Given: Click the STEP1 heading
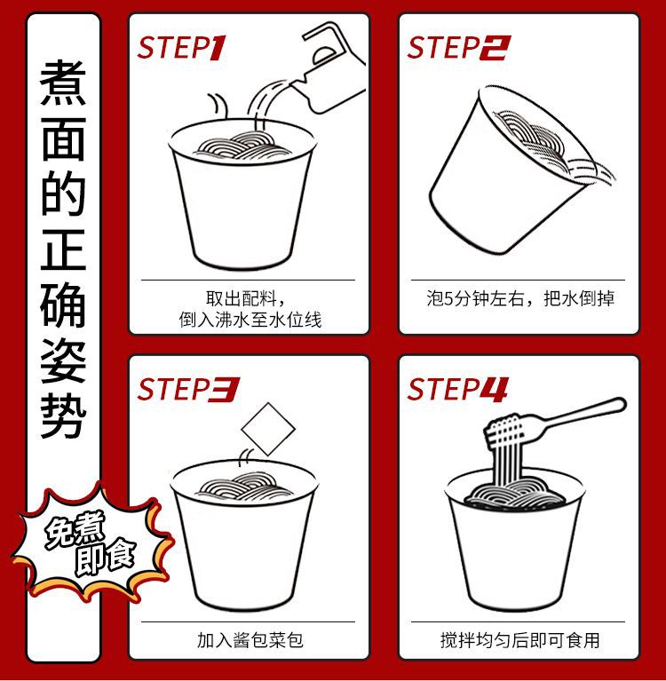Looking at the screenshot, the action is click(x=181, y=48).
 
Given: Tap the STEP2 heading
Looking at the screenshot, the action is click(x=459, y=48).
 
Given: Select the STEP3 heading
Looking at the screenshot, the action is click(x=188, y=389).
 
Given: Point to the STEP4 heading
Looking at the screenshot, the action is click(x=457, y=389).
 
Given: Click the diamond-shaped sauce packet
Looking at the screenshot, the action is click(x=268, y=429).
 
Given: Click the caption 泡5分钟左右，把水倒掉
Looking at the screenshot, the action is click(x=520, y=298).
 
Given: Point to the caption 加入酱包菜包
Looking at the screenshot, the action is click(x=250, y=640).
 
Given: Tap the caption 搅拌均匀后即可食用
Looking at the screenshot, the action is click(x=520, y=640).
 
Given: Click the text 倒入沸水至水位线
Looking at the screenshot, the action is click(x=250, y=321).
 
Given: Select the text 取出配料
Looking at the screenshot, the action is click(x=242, y=298).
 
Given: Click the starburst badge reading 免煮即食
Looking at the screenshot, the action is click(x=92, y=542).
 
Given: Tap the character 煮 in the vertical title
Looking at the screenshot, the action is click(x=63, y=83).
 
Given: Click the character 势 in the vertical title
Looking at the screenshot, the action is click(x=63, y=416).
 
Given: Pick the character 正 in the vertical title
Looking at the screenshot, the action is click(x=63, y=249).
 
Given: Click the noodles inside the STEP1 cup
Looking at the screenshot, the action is click(x=242, y=146).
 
